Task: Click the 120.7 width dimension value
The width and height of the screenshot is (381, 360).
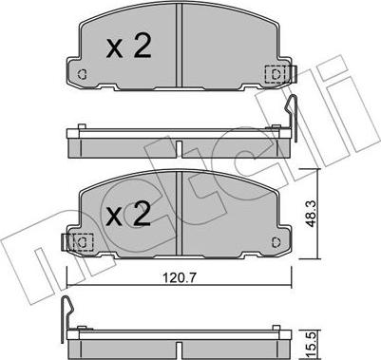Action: point(180,277)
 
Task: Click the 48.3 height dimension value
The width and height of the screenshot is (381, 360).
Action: point(312,215)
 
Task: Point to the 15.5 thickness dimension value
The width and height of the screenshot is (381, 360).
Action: point(312,346)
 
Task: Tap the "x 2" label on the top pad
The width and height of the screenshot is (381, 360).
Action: point(128,47)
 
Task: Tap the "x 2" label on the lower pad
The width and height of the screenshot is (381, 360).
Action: point(128,214)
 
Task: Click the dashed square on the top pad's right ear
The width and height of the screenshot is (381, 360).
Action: point(275,75)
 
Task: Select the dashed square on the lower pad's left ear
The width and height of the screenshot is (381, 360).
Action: point(83,242)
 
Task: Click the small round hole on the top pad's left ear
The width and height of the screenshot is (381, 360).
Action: point(82,75)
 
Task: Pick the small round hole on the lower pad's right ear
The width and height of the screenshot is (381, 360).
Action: point(276,242)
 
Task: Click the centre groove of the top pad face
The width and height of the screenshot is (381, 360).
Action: point(180,45)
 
